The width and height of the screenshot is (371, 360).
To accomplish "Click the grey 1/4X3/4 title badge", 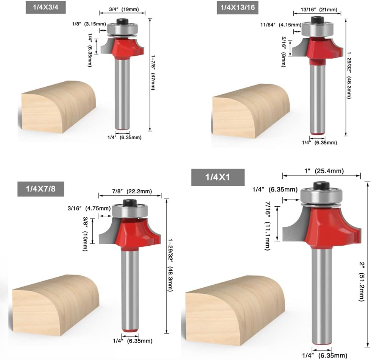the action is pyautogui.click(x=46, y=7).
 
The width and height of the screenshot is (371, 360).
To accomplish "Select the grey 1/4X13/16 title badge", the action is pyautogui.click(x=238, y=7).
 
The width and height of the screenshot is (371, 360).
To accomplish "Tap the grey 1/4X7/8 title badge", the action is pyautogui.click(x=41, y=189).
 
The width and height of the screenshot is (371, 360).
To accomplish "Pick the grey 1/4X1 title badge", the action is pyautogui.click(x=218, y=177).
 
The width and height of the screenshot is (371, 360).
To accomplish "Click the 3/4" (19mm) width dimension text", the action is pyautogui.click(x=124, y=9).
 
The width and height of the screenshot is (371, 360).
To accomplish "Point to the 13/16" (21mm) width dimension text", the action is pyautogui.click(x=319, y=10).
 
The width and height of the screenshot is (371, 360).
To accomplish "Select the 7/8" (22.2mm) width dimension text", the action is pyautogui.click(x=132, y=191).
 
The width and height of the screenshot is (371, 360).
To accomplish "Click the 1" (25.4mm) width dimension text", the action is pyautogui.click(x=324, y=171).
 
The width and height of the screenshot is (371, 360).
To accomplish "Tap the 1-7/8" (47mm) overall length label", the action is pyautogui.click(x=153, y=73).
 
